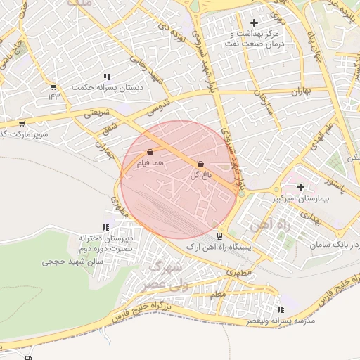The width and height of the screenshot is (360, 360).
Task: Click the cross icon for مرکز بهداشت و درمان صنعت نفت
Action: (x=254, y=23)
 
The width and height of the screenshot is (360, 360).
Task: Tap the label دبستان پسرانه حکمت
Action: (x=109, y=87)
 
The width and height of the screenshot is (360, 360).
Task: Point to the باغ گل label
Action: (x=201, y=175)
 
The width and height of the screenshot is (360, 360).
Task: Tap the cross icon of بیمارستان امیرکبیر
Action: (x=301, y=187)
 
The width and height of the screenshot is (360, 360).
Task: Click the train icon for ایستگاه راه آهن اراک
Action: (x=220, y=236)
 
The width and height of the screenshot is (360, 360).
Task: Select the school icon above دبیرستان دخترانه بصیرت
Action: (x=105, y=227)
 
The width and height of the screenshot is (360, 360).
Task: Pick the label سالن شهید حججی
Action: (x=72, y=261)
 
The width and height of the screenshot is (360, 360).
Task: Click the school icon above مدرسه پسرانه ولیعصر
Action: (x=281, y=309)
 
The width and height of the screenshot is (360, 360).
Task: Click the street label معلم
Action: (x=218, y=294)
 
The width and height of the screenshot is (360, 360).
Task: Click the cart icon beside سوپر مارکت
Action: (x=22, y=123)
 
